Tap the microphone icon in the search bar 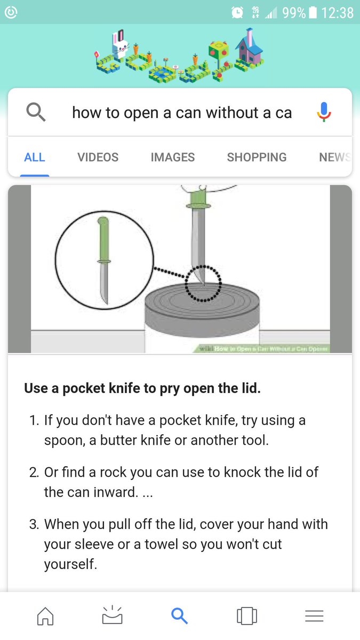tap(324, 113)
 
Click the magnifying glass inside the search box tap(36, 113)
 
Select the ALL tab tap(35, 157)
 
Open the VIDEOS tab tap(98, 157)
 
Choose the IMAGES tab tap(172, 157)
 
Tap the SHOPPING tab tap(257, 157)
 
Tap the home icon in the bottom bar tap(45, 616)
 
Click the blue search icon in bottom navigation tap(180, 616)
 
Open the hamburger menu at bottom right tap(314, 616)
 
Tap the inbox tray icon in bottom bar tap(112, 616)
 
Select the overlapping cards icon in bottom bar tap(247, 616)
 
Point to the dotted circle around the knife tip tap(203, 283)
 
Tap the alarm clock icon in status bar tap(237, 12)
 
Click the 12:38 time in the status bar tap(337, 12)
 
